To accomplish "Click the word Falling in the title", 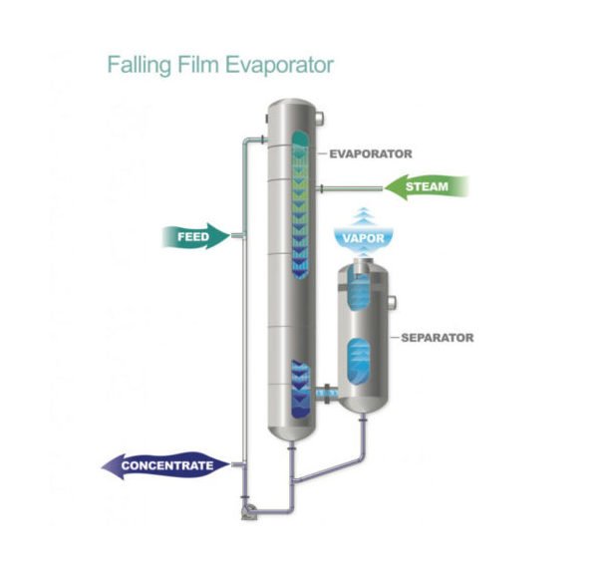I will point(138,66).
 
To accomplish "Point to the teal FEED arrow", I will point(193,237).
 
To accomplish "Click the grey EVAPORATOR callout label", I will point(370,153).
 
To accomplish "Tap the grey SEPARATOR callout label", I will point(436,337).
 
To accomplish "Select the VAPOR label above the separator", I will point(363,238).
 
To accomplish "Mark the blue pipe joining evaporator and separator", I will point(323,394).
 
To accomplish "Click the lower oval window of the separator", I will point(361,358).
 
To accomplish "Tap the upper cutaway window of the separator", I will point(361,291).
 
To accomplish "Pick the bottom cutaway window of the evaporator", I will point(297,392).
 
